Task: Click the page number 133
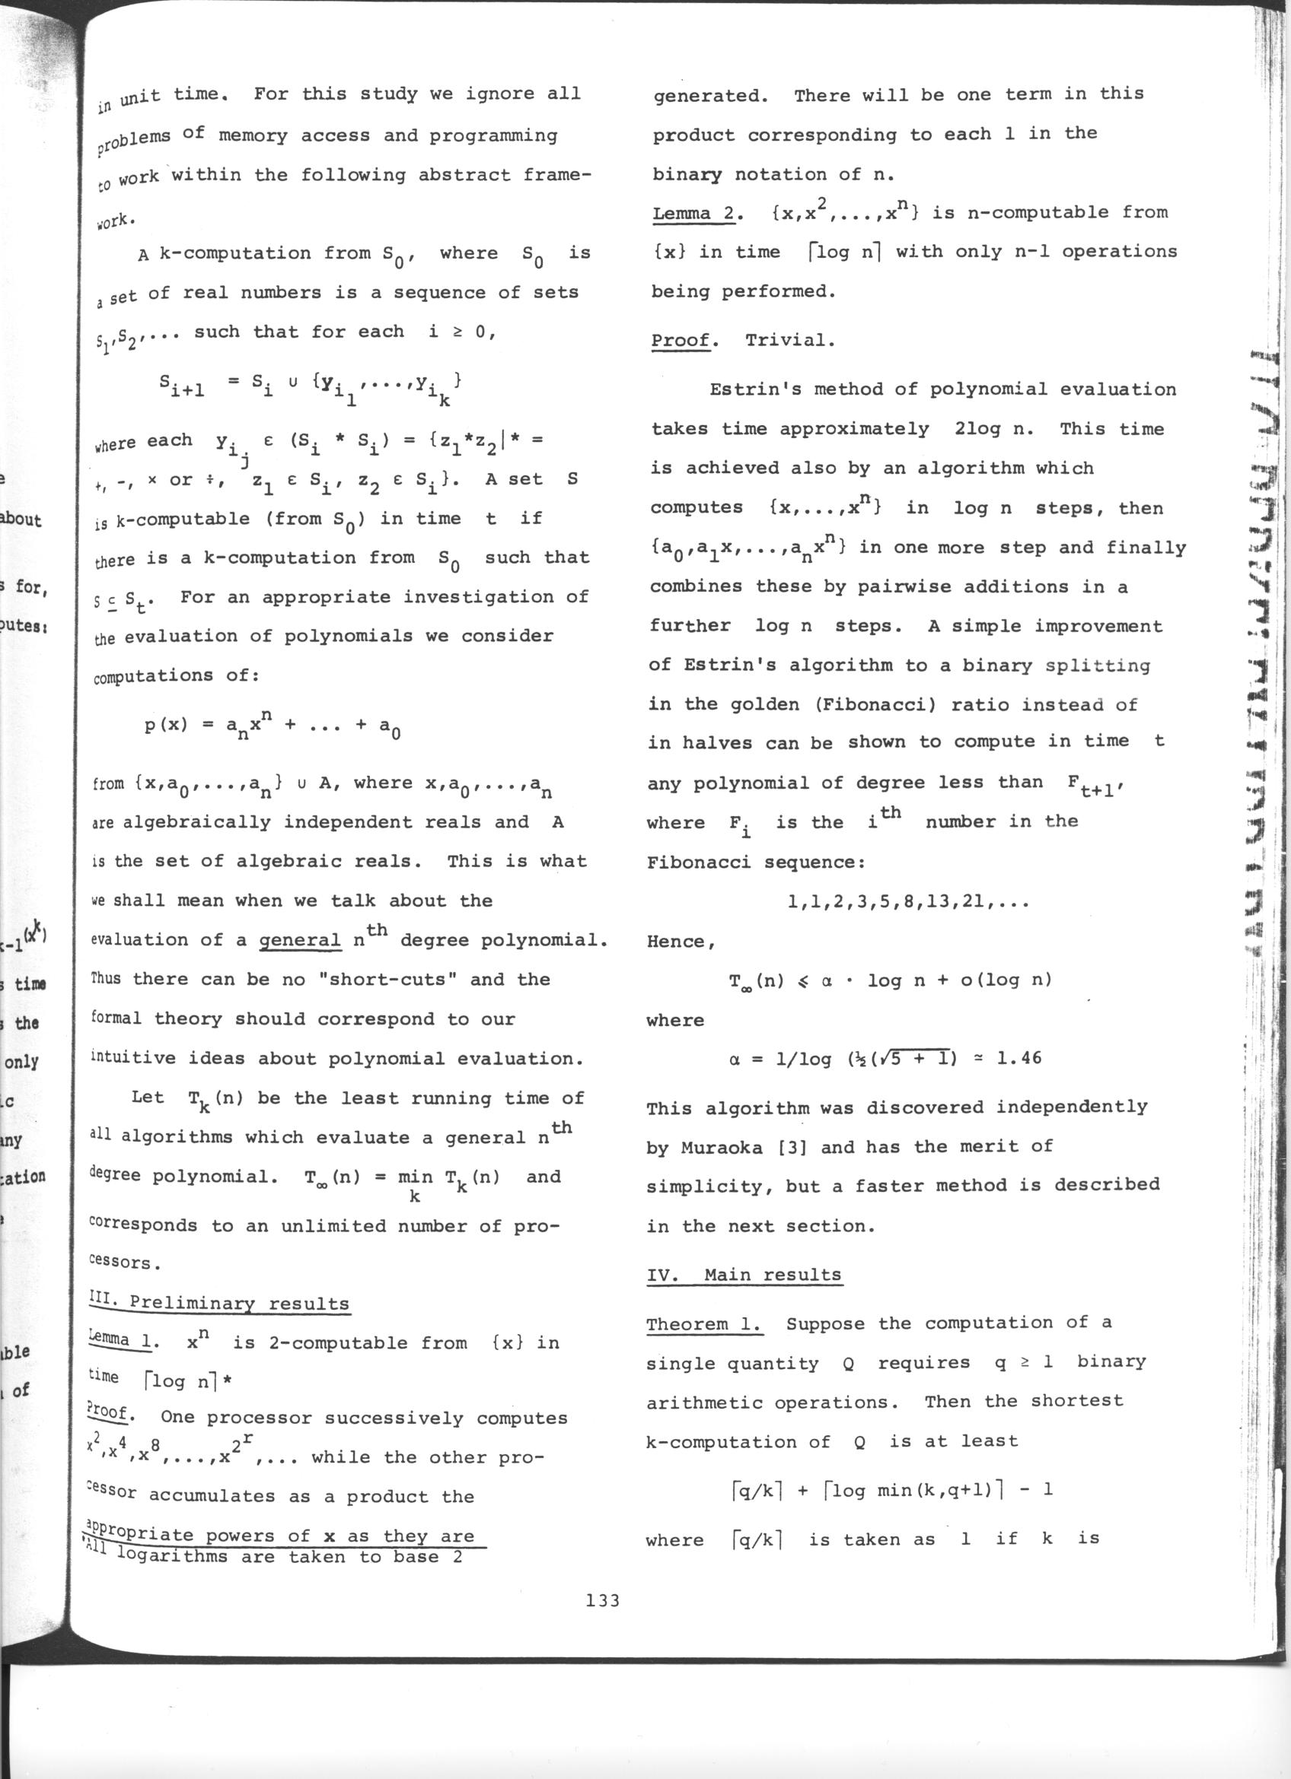click(603, 1601)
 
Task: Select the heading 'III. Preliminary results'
click(219, 1303)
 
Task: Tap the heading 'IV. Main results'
click(744, 1275)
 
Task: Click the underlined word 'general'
click(301, 941)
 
